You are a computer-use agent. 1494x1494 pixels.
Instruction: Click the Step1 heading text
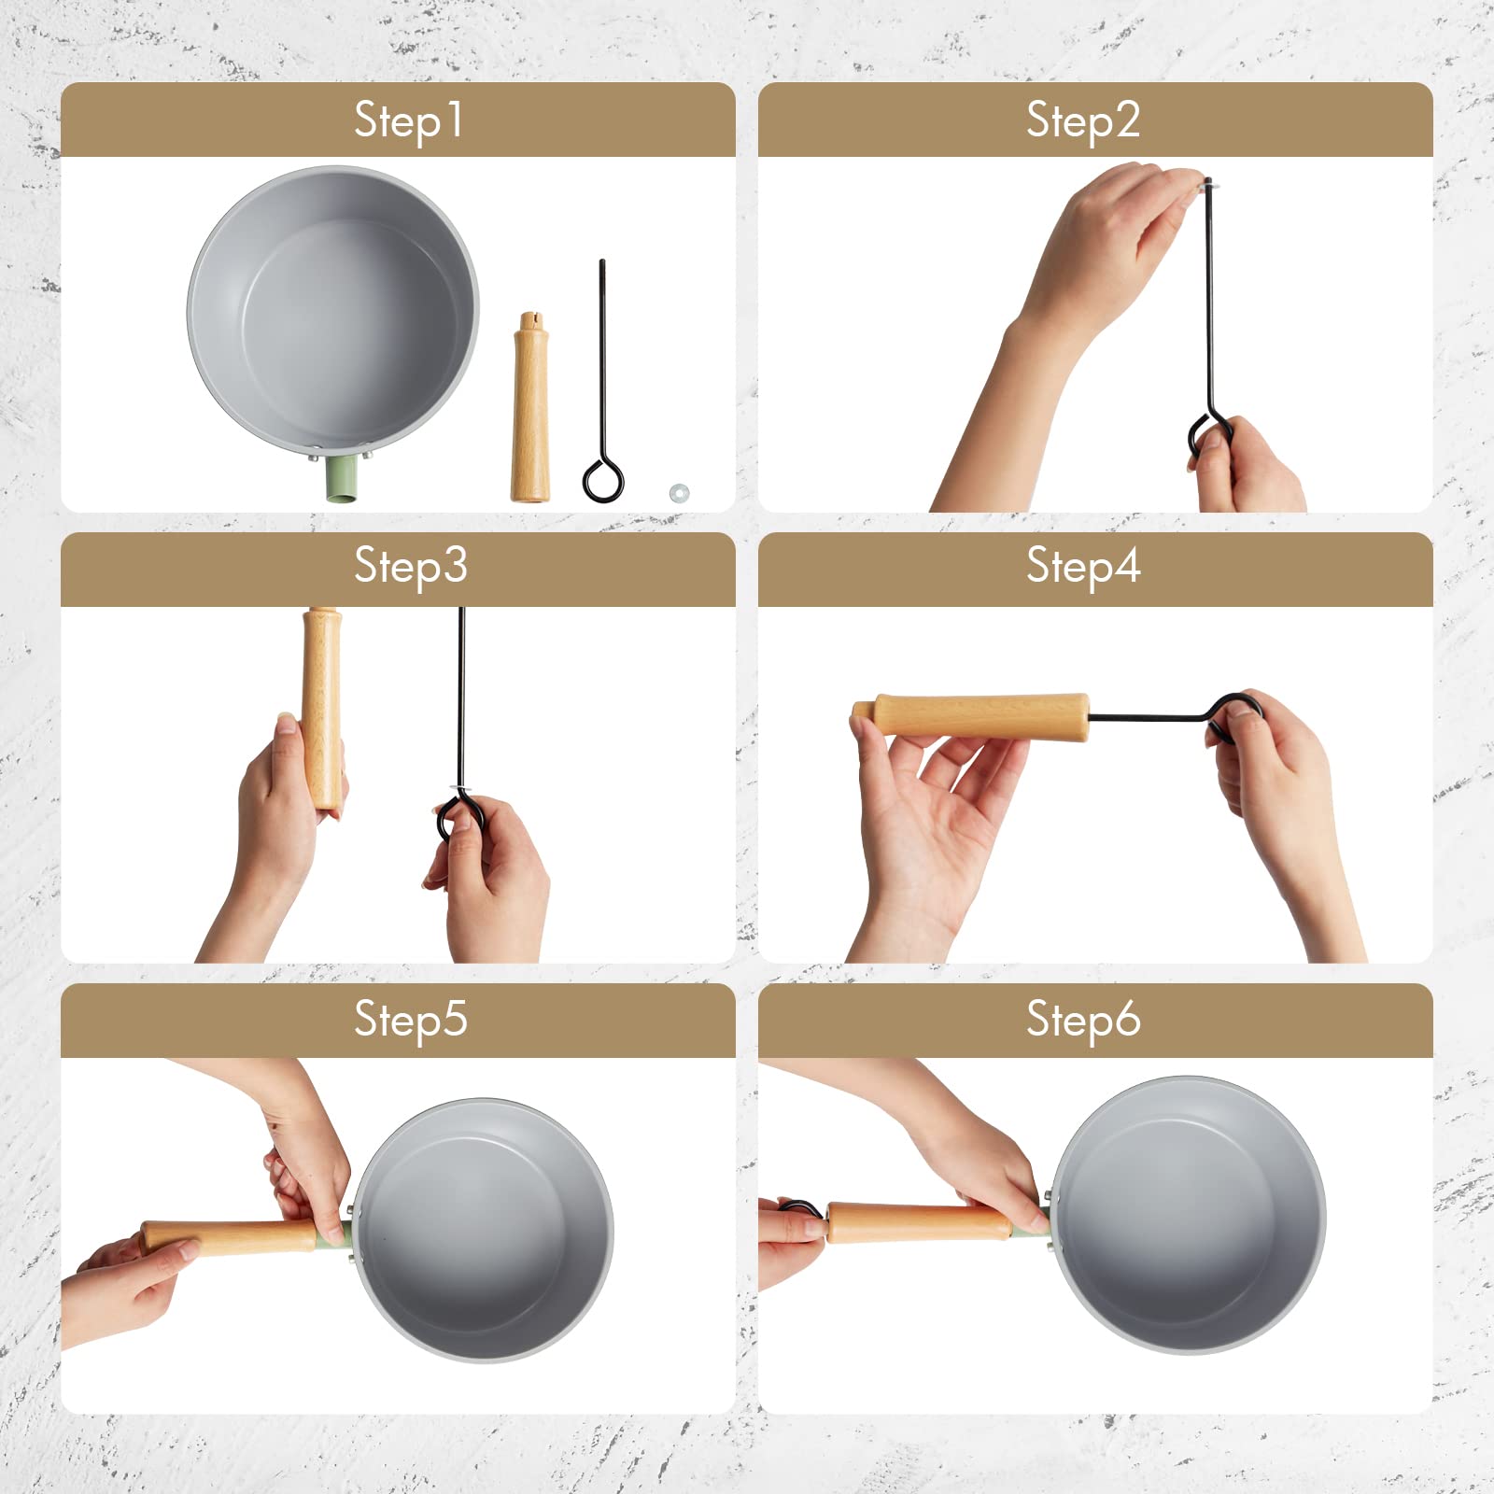[x=408, y=120]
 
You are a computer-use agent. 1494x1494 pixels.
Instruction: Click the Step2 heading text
[x=1083, y=120]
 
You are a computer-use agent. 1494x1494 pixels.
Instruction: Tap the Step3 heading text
[x=410, y=566]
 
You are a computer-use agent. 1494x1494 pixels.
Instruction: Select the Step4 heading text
[x=1083, y=566]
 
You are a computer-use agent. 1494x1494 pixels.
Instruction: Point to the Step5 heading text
[x=410, y=1019]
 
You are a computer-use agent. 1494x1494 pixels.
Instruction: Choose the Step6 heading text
[x=1083, y=1019]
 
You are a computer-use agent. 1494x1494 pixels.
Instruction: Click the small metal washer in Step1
[x=679, y=491]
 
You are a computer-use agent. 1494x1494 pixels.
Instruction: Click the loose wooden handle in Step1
[x=529, y=411]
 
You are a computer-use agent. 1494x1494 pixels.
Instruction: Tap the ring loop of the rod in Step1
[x=602, y=480]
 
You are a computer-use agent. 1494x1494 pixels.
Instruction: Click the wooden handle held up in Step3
[x=322, y=710]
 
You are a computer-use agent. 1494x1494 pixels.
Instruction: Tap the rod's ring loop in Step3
[x=459, y=817]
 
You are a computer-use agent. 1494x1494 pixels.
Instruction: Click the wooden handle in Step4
[x=980, y=716]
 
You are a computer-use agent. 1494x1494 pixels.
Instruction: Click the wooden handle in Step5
[x=233, y=1236]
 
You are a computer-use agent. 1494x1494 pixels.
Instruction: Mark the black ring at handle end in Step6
[x=801, y=1208]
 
